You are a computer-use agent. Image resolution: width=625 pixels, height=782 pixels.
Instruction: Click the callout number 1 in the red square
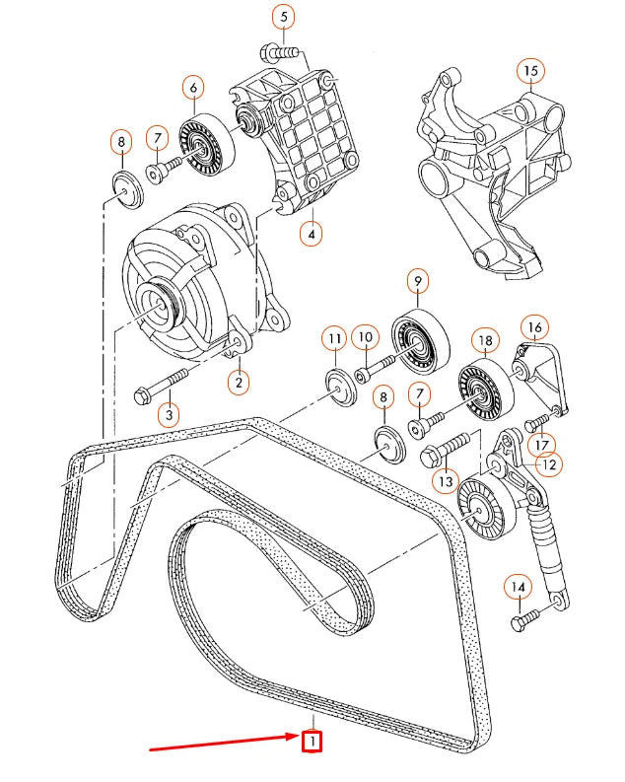pos(312,740)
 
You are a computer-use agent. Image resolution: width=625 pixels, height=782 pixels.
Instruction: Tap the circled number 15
pos(531,70)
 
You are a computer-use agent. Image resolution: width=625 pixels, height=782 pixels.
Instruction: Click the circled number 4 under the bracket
pos(312,235)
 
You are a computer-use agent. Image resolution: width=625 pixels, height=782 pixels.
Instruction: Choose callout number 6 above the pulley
pos(193,88)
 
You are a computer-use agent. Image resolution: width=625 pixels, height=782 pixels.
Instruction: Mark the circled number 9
pos(417,282)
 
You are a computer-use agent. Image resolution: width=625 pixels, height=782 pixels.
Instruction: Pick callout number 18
pos(484,341)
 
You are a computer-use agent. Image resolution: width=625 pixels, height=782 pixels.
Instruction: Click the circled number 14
pos(517,588)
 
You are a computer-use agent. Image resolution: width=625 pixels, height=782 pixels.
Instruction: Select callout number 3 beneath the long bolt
pos(169,414)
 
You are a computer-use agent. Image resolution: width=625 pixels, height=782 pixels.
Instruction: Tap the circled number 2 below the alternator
pos(238,380)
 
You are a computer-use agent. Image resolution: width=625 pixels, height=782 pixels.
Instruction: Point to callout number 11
pos(334,340)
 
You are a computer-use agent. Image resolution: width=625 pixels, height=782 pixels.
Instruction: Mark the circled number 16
pos(533,326)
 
